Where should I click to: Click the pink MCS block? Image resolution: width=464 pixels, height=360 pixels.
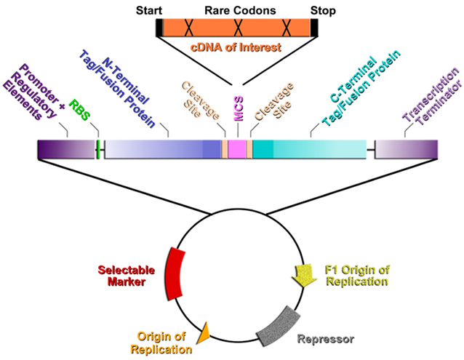coord(237,148)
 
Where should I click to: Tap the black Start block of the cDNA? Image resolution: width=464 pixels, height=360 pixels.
coord(159,27)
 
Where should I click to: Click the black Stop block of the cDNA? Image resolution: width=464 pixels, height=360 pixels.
coord(314,27)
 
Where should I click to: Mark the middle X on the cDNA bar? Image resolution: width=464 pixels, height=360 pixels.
coord(237,27)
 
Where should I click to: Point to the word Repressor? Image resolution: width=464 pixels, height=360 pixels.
coord(325,338)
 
